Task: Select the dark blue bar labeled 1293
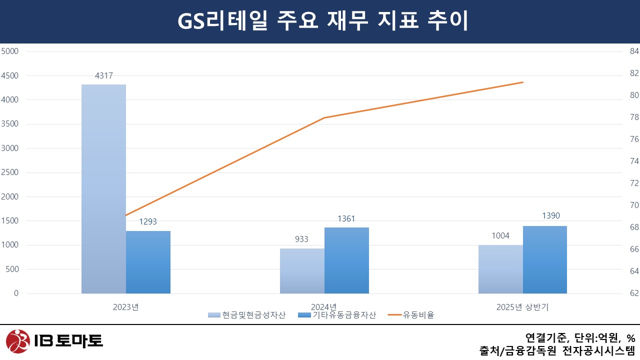148,262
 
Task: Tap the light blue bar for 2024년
302,271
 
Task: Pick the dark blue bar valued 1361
346,260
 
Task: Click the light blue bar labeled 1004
500,269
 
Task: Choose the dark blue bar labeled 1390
545,259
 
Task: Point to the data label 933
301,239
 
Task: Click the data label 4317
103,76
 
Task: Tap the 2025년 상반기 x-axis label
522,307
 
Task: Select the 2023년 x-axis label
126,307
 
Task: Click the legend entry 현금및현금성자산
247,315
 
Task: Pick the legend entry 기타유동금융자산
336,315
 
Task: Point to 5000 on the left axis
10,51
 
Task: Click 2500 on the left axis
10,172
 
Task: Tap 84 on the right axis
634,51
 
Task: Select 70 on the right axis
634,205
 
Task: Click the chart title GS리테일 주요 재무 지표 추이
320,21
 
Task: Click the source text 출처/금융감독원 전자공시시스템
557,350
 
